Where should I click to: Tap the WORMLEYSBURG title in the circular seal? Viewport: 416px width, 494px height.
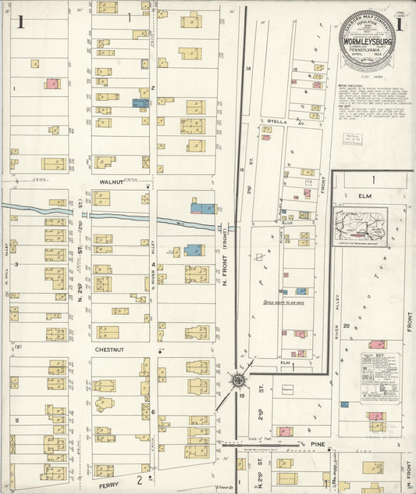[366, 34]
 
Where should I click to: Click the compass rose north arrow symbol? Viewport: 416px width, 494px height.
[237, 381]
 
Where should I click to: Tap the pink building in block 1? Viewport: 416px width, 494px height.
[52, 83]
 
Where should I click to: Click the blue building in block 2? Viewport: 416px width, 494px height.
[140, 102]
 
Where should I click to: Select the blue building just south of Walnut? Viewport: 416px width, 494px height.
[203, 207]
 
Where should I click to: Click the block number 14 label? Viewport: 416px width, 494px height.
[249, 70]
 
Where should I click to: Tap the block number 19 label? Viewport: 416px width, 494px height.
[243, 396]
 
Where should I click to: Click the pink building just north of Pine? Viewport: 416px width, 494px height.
[285, 431]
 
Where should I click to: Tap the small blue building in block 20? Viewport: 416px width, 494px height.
[344, 405]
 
